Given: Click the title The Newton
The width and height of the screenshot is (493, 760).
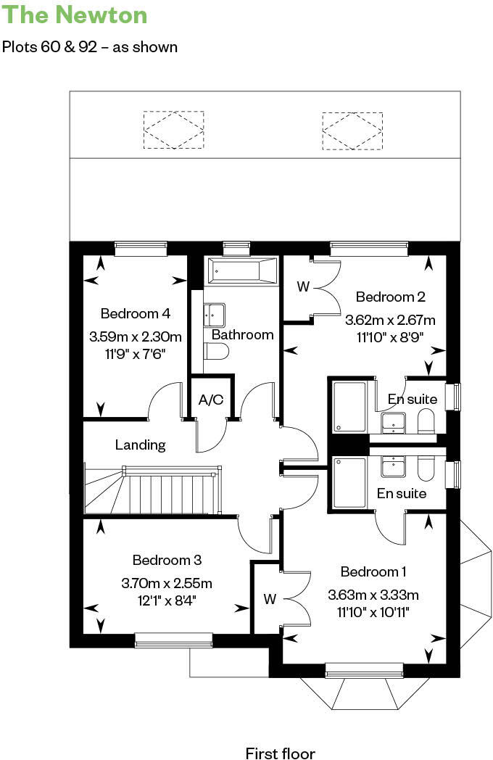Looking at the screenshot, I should (x=75, y=15).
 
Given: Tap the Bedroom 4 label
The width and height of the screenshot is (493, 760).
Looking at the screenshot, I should (x=135, y=313).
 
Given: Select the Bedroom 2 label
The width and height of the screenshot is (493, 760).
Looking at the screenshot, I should (x=390, y=297).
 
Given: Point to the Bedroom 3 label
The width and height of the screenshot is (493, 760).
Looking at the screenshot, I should (x=167, y=560).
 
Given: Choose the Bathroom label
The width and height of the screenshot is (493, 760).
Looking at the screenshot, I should (x=242, y=334).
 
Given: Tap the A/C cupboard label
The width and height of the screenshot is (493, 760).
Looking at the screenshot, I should (x=212, y=400).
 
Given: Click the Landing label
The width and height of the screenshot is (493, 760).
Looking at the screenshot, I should (x=140, y=445).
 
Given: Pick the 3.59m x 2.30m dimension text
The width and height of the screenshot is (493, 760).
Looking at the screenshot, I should (x=135, y=336).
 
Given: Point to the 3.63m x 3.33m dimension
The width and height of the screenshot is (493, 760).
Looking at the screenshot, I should (x=373, y=595).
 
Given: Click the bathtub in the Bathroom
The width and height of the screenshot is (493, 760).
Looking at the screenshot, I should (x=243, y=272).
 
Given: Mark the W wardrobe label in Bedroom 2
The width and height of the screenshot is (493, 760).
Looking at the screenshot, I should (x=303, y=286).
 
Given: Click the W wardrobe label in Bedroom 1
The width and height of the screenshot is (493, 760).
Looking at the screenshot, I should (x=270, y=599).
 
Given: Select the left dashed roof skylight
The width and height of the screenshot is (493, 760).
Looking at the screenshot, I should (x=173, y=130).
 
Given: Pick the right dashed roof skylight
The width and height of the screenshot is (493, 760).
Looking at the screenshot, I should (x=352, y=130).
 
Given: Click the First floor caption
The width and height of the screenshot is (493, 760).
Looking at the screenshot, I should (x=280, y=753).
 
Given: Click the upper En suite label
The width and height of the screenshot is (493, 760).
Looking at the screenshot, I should (x=413, y=399).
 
